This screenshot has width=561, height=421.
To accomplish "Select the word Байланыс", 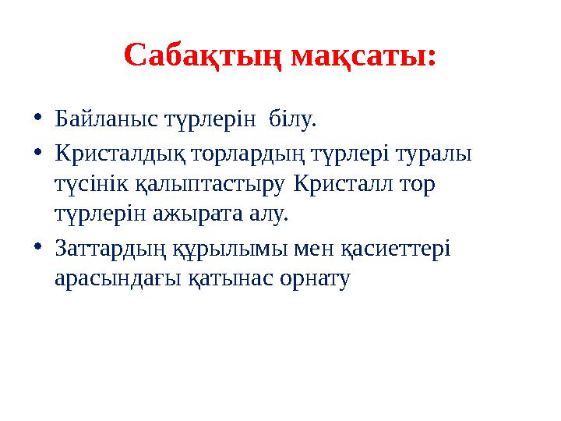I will (x=104, y=119).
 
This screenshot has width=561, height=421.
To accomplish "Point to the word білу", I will (x=293, y=119).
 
